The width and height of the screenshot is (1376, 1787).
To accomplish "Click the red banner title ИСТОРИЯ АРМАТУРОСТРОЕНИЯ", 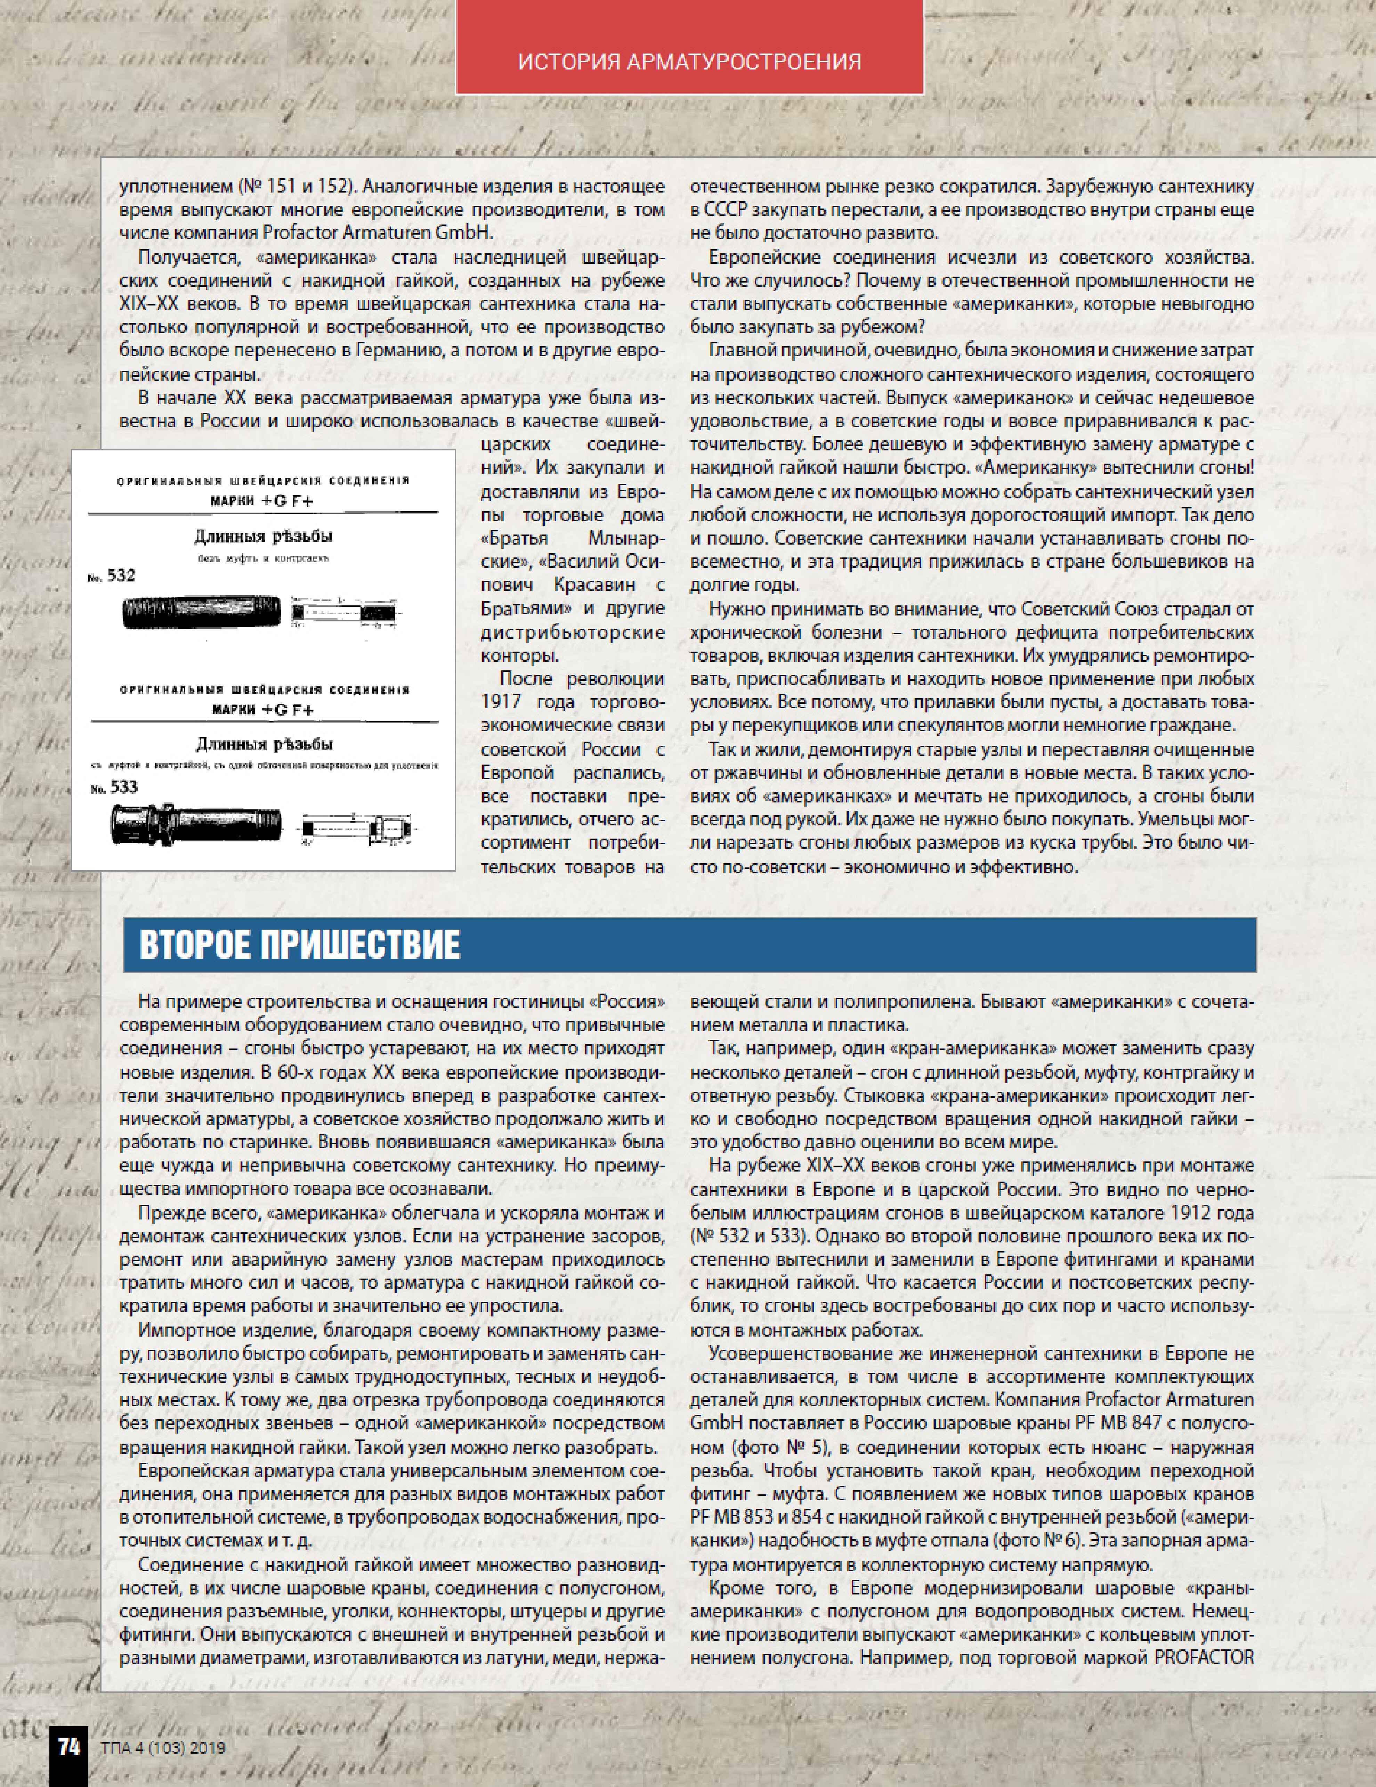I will tap(689, 62).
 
